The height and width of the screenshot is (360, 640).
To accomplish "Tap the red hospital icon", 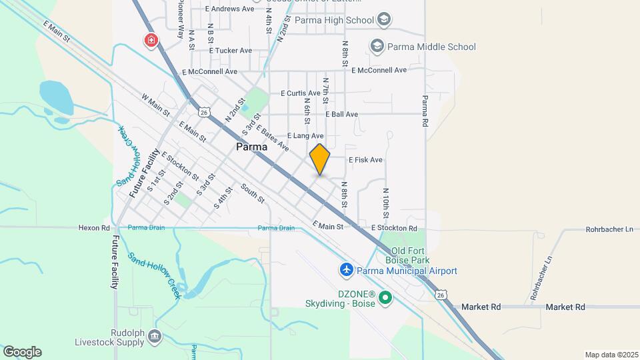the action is point(152,41).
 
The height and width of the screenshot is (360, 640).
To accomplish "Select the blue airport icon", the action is point(347,270).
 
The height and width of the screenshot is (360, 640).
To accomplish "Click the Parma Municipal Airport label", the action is point(407,271).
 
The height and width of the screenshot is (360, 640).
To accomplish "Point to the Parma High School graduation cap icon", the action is point(384,20).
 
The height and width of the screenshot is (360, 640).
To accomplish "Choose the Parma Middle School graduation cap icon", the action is point(377,46).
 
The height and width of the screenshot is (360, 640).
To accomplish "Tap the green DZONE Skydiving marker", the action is point(385,298).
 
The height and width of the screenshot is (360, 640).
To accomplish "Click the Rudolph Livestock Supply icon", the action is point(155,335).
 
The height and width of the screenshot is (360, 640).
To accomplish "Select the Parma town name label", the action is point(252,147).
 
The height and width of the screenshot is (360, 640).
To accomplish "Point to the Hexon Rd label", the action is point(93,227).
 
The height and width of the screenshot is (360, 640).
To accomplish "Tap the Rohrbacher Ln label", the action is point(609,229).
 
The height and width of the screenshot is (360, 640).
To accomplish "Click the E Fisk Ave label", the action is point(365,160).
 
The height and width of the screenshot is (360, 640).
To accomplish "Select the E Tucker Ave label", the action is point(230,50).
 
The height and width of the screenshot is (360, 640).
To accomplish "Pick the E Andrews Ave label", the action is point(230,9).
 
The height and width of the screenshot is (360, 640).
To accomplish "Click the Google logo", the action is point(22,351).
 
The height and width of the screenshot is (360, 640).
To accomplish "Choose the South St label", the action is point(253,193).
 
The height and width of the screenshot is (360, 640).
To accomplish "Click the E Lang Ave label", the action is point(307,136).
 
